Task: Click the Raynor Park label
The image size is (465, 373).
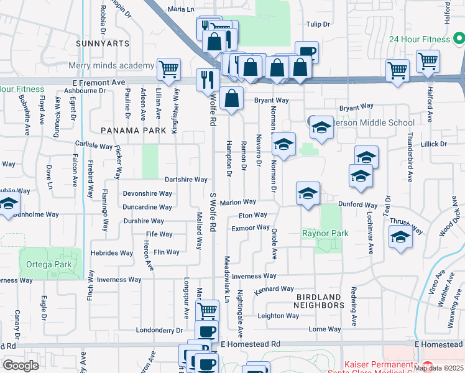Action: point(325,233)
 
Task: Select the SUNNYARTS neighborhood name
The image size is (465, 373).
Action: point(103,44)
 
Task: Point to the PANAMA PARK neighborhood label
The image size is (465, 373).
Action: point(134,131)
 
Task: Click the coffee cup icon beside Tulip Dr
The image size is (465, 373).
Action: point(306,52)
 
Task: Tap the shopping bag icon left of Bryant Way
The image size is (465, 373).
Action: point(231,99)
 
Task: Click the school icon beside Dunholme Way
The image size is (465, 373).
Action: point(8,205)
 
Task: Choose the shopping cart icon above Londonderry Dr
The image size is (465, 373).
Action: point(208,310)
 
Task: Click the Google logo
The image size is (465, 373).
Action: point(21,365)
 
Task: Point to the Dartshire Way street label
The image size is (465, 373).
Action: point(186,179)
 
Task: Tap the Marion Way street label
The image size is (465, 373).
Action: point(237,202)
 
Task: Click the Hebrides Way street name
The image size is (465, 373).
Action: point(113,253)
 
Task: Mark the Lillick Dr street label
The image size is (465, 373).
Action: point(433,144)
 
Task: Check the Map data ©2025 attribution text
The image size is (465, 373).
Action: point(439,368)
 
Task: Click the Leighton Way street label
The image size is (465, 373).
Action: point(279,316)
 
